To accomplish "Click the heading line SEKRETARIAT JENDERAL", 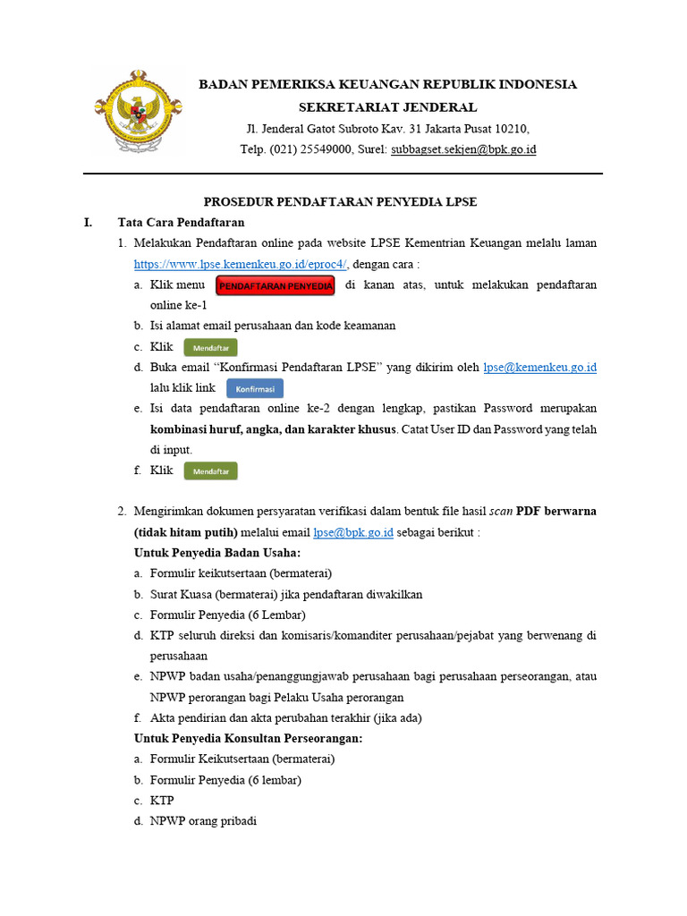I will click(x=387, y=107).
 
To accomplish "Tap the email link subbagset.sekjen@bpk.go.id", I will click(x=463, y=149).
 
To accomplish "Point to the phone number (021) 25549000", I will click(x=309, y=149).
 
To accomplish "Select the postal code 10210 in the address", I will click(x=511, y=129).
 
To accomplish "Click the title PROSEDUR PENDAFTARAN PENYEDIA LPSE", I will click(x=341, y=202).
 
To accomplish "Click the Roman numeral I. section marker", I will click(x=89, y=222).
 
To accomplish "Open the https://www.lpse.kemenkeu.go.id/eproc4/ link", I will click(x=241, y=264).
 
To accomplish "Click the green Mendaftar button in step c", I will click(x=211, y=347).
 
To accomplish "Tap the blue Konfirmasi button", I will click(x=255, y=388).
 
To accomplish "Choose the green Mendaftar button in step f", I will click(x=211, y=471).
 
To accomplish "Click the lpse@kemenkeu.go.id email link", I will click(x=539, y=368).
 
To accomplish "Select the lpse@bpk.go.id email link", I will click(x=353, y=532).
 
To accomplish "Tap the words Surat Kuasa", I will click(x=182, y=594).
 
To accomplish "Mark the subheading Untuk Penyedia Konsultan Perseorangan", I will click(x=248, y=739).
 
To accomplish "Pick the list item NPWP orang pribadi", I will click(x=203, y=820).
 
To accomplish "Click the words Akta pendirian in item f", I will click(x=188, y=717).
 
